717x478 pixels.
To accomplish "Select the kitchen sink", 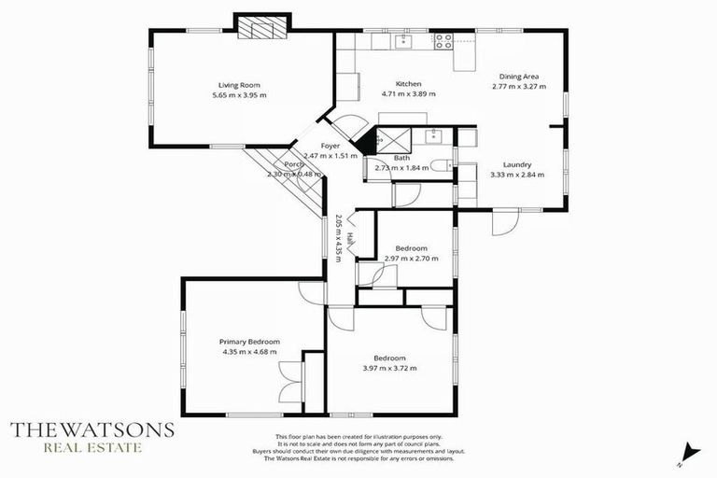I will click(402, 40).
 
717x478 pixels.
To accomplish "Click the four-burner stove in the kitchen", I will click(443, 40).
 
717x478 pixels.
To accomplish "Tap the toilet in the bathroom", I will click(446, 167).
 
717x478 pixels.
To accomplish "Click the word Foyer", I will click(330, 146).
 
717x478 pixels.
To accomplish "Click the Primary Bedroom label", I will click(249, 342).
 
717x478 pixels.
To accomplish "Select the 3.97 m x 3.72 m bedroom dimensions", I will click(389, 369).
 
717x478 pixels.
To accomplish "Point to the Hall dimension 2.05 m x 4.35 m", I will click(338, 238).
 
